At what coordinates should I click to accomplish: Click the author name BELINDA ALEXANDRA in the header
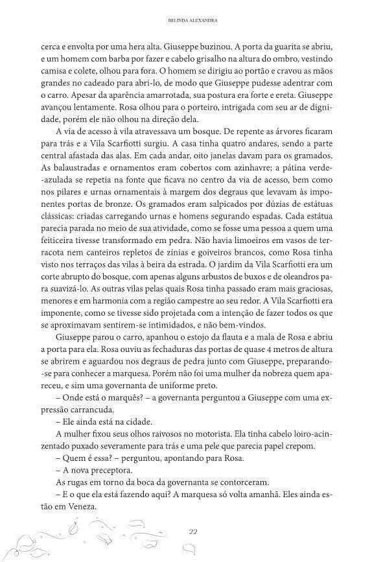(191, 20)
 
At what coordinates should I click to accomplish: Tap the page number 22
(192, 531)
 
